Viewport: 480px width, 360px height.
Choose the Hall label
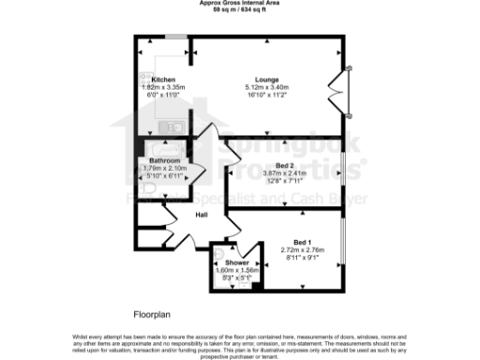click(x=201, y=216)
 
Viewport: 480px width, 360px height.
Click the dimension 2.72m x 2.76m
click(x=302, y=249)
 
